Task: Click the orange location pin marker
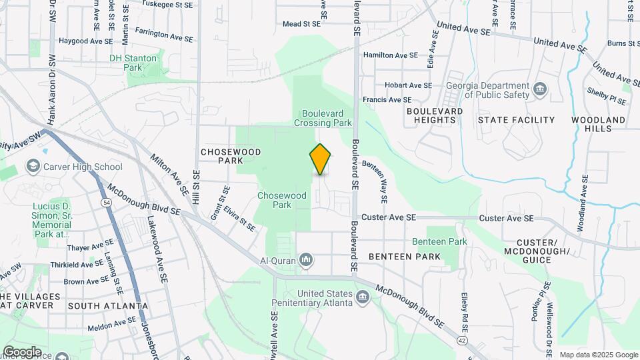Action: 320,159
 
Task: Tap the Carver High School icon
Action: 31,166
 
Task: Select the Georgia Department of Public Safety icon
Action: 540,89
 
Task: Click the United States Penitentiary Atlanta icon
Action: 363,297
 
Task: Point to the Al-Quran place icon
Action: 306,259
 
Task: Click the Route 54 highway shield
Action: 106,201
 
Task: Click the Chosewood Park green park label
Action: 283,200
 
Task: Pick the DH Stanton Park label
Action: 133,63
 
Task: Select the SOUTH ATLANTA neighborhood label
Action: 108,306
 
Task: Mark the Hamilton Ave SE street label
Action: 390,55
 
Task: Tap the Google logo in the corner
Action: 21,352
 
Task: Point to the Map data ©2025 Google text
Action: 597,355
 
